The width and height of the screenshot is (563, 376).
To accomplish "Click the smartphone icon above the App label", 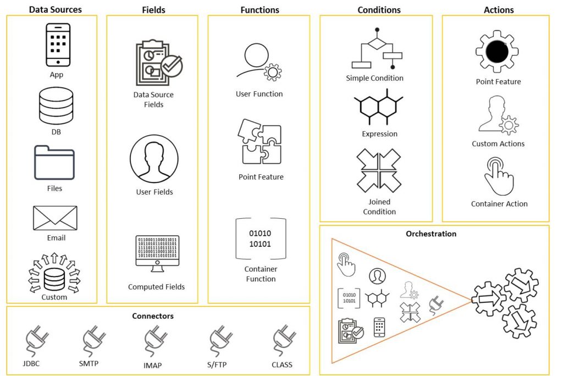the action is [58, 45].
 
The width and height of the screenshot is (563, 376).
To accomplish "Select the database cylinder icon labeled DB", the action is [56, 106].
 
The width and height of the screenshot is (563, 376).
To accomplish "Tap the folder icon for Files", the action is [54, 163].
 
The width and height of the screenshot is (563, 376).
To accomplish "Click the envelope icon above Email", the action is [55, 218].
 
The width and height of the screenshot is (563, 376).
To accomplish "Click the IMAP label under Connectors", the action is [153, 365].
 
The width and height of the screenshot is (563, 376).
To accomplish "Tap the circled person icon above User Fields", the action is [154, 159].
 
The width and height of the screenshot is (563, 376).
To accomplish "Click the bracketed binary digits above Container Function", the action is [261, 239].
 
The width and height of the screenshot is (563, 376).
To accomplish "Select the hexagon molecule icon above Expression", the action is [378, 107].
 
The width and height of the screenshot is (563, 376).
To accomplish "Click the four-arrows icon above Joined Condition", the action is [379, 170].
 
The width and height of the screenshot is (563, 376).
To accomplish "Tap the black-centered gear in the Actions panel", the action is [497, 52].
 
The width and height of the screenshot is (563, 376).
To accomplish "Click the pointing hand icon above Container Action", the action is [499, 176].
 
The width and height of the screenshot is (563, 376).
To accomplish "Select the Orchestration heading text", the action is [431, 234].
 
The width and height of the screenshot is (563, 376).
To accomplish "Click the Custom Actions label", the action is [498, 143].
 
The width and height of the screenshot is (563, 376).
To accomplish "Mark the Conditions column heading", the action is [379, 10].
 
